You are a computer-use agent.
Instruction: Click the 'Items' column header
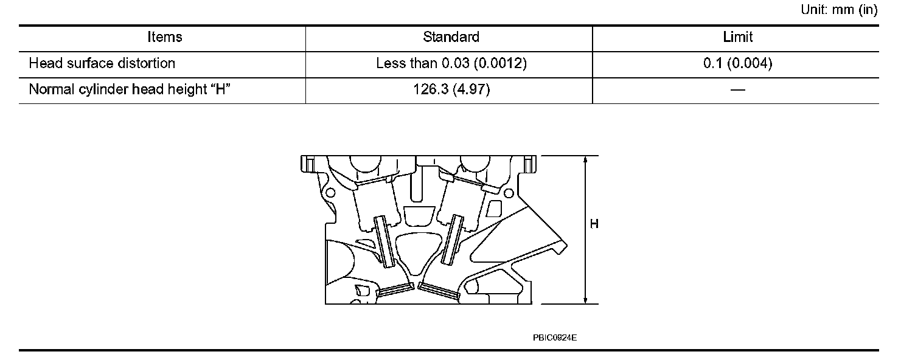tap(165, 37)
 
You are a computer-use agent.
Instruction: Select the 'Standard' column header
tap(451, 37)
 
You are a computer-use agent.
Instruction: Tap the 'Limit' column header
tap(738, 37)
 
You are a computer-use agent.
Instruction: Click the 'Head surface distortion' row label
tap(102, 63)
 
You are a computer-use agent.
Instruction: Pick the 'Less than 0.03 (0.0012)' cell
tap(451, 63)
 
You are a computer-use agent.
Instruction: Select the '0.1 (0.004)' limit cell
tap(738, 63)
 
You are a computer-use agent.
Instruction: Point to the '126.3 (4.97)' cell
tap(451, 89)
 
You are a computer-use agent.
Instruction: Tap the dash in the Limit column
tap(738, 89)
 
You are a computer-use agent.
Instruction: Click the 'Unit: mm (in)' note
tap(839, 9)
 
